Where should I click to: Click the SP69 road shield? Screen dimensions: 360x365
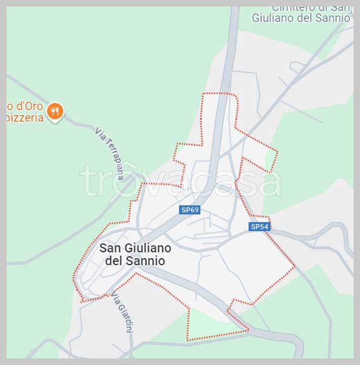(x=190, y=209)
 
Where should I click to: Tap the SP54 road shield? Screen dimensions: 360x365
(x=259, y=227)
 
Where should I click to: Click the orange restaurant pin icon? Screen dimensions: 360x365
(x=55, y=112)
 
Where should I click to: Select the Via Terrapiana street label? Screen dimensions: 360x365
(x=109, y=154)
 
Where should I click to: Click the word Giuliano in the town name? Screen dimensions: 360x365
(x=146, y=248)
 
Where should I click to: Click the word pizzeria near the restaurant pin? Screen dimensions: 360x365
(x=24, y=118)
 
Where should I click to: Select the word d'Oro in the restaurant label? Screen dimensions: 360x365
(x=27, y=106)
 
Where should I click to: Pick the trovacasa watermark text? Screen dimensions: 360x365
(x=180, y=180)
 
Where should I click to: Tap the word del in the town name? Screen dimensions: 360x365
(x=115, y=261)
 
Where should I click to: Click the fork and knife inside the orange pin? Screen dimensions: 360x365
(x=55, y=110)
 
